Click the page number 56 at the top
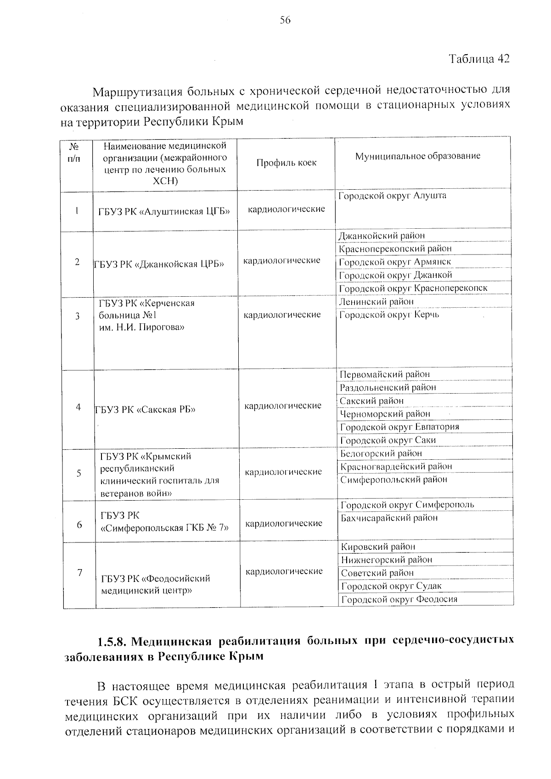click(285, 20)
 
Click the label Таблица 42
click(479, 59)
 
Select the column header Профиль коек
click(287, 163)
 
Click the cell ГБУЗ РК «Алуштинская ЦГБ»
click(164, 211)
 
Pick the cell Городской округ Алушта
click(392, 196)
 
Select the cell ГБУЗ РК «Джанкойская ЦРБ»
click(159, 264)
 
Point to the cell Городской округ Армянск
click(395, 262)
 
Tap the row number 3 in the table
click(78, 316)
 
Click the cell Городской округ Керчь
click(389, 315)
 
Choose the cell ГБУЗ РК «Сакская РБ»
click(145, 410)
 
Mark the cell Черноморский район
click(385, 414)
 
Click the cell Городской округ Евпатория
click(399, 427)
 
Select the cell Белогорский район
click(381, 453)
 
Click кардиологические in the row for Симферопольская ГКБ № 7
click(284, 524)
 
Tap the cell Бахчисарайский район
click(389, 518)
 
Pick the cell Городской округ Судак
click(391, 586)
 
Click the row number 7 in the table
click(79, 573)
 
